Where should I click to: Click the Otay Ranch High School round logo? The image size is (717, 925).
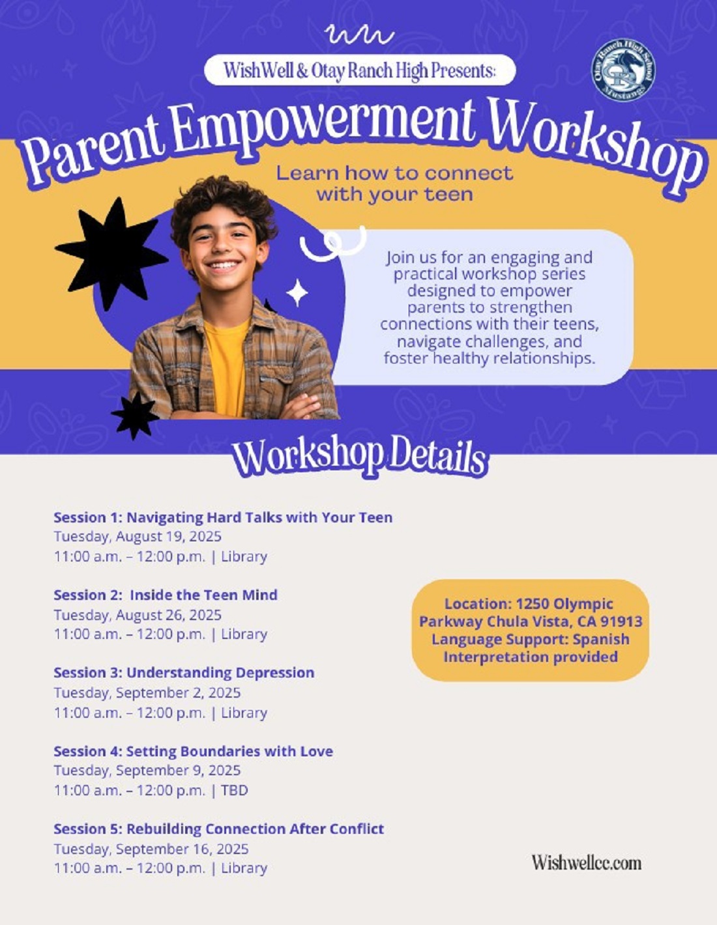click(624, 70)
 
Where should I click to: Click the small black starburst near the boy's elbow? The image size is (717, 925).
click(136, 415)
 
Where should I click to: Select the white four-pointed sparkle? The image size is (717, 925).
click(297, 292)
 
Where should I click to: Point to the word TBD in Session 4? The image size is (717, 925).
click(234, 790)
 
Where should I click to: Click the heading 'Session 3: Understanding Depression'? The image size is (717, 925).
click(184, 672)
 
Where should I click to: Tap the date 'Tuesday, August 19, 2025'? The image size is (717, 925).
click(138, 536)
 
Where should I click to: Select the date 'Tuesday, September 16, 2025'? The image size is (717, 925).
click(151, 849)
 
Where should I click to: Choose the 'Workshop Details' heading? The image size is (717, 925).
click(359, 457)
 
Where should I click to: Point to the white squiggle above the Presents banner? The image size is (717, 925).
click(359, 36)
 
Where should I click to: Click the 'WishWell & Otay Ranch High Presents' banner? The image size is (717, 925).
click(360, 70)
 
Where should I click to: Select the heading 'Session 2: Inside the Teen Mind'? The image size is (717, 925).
click(166, 595)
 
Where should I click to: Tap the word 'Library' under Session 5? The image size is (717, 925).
click(244, 868)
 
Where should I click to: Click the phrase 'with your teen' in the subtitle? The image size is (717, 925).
click(395, 195)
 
